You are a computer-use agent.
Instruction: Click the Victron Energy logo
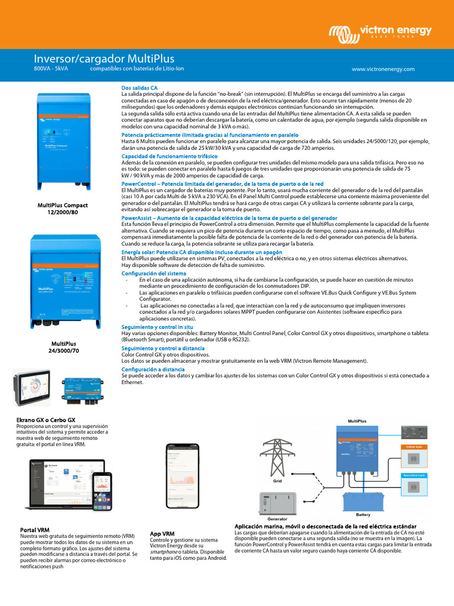coord(380,32)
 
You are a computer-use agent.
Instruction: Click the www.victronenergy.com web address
coord(383,69)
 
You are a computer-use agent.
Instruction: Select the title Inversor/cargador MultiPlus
coord(103,59)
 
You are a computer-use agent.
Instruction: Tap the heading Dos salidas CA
coord(139,88)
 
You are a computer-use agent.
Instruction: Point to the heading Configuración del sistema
coord(154,273)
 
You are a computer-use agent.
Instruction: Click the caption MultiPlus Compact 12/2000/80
coord(63,208)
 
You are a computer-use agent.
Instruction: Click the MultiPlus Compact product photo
coord(63,142)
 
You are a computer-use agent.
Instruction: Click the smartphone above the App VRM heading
coord(182,476)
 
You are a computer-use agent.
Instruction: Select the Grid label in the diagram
coord(277,481)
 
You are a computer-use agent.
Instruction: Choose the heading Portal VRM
coord(34,530)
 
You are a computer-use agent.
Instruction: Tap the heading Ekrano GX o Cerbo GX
coord(46,420)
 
